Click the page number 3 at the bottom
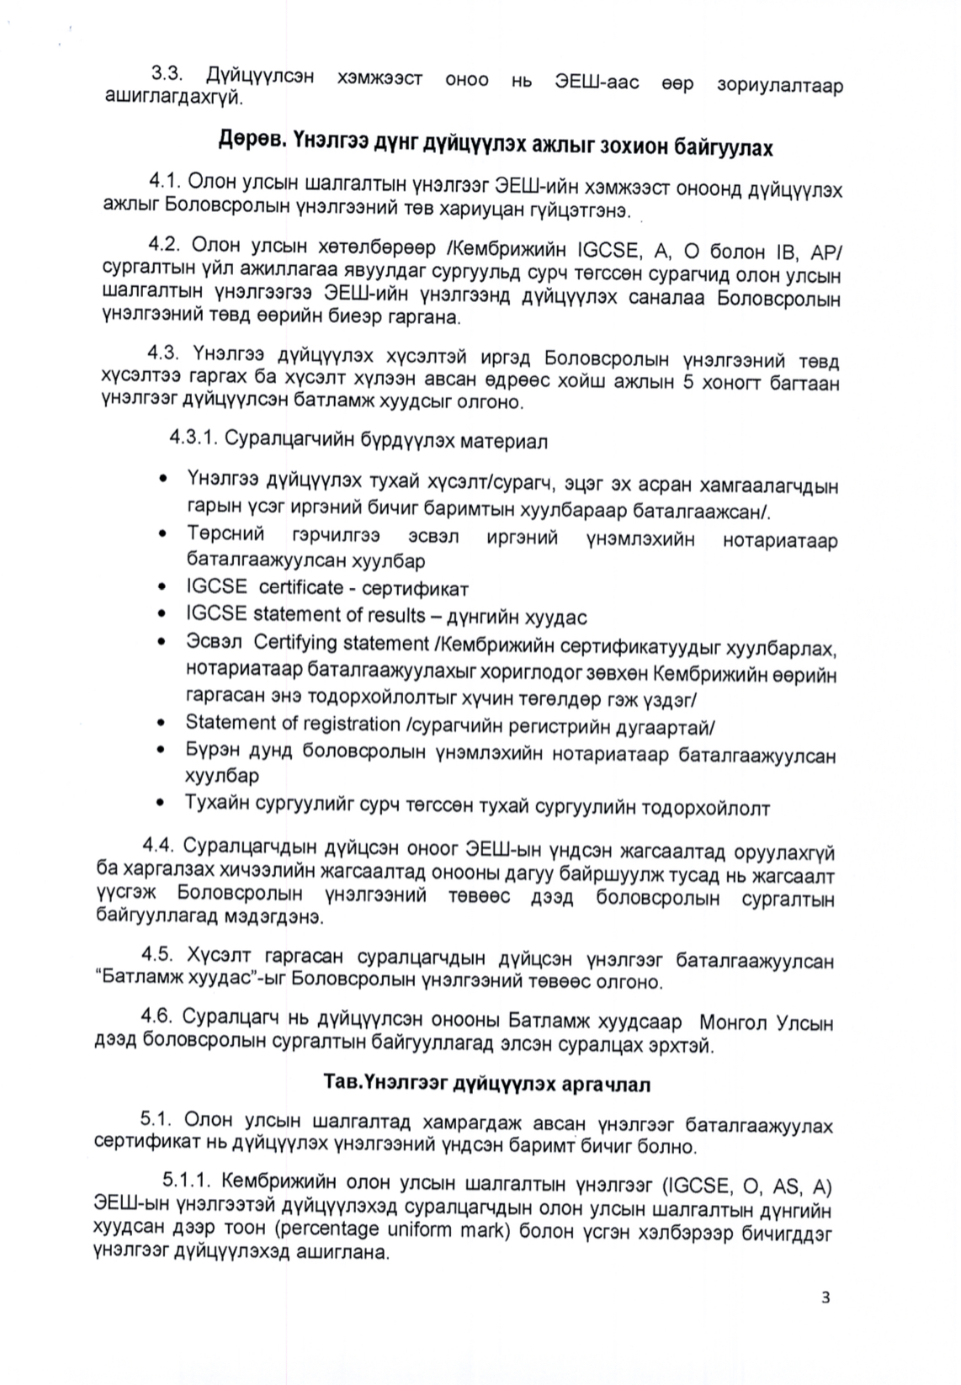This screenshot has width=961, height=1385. click(826, 1297)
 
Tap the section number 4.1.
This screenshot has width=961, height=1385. click(166, 181)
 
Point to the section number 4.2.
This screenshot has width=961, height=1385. click(166, 246)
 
